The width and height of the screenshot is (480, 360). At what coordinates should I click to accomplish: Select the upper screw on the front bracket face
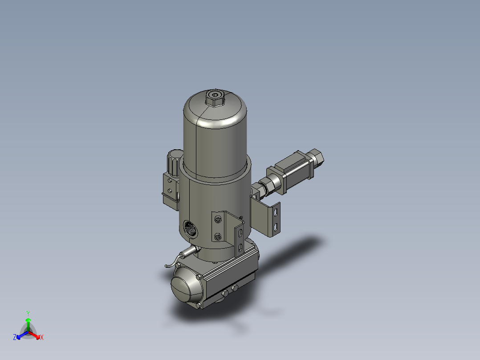217,220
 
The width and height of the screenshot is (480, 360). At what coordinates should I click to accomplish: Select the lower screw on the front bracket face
217,237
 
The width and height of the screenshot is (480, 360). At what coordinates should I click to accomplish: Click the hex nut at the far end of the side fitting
317,156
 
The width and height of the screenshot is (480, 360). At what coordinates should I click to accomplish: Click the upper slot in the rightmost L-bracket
277,211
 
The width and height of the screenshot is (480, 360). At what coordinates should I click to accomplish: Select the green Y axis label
28,313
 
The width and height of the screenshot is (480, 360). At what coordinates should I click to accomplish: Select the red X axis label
42,338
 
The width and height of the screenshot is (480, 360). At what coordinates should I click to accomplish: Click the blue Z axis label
15,338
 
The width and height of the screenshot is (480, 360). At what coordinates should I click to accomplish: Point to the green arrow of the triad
28,323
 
